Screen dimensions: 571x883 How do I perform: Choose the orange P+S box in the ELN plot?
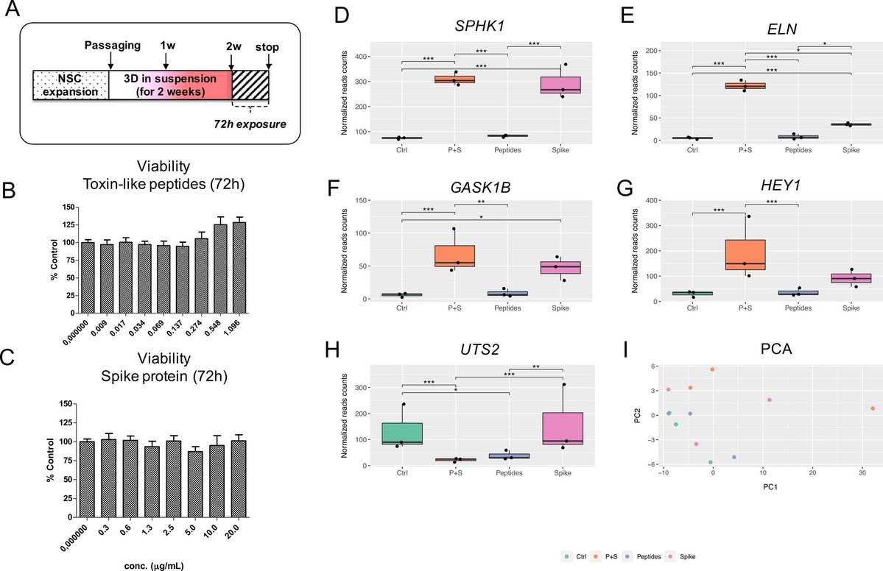click(746, 85)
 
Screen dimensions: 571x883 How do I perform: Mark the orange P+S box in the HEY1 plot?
click(746, 255)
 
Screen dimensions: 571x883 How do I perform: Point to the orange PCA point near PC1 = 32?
click(872, 408)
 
